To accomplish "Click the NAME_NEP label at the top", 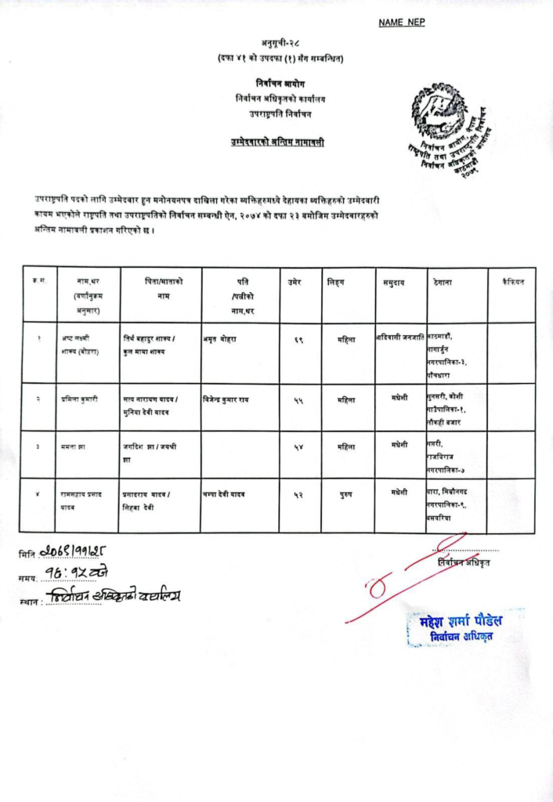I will pyautogui.click(x=402, y=23).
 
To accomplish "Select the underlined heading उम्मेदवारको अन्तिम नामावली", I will pyautogui.click(x=277, y=142).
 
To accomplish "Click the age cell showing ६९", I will pyautogui.click(x=298, y=339).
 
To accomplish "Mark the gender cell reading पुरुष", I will pyautogui.click(x=345, y=493).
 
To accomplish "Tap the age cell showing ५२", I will pyautogui.click(x=298, y=493).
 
